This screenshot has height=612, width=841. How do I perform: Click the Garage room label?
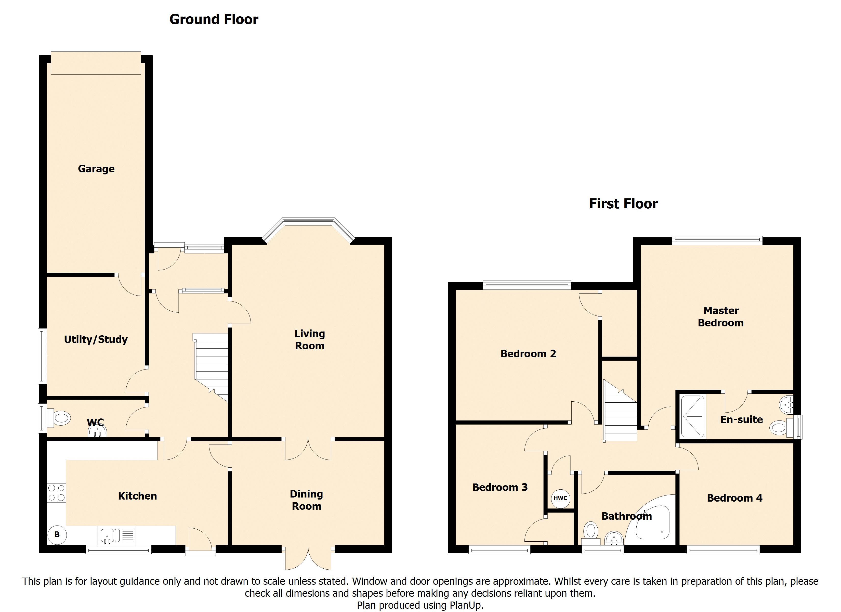point(96,169)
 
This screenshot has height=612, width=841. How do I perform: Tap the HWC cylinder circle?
point(560,498)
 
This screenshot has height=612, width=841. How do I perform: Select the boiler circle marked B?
point(57,535)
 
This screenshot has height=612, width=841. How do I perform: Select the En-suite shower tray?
point(692,416)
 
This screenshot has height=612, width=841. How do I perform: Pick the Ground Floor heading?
point(214,19)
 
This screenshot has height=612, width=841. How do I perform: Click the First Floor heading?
point(623,203)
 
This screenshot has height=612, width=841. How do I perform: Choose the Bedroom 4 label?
point(734,498)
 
